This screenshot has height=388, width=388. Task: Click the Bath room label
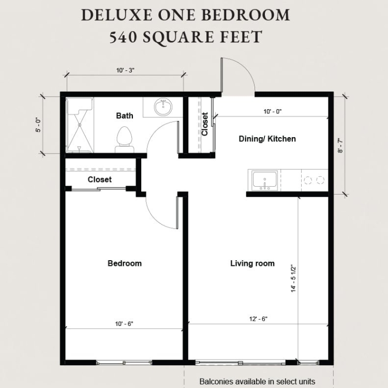point(125,115)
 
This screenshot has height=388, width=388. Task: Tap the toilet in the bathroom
point(124,140)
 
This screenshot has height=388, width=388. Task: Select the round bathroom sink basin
point(163,107)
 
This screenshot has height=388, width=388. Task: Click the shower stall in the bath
point(80,125)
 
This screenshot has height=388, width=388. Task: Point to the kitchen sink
point(264,180)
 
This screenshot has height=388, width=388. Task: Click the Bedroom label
point(125,263)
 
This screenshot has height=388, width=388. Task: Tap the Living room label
point(252,263)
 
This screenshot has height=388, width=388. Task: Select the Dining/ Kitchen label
point(267,139)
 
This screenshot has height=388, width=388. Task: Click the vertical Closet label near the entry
point(205,124)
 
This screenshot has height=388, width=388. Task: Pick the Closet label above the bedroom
point(99,180)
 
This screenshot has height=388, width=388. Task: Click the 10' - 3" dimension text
point(125,70)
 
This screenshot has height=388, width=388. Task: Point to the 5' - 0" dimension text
point(39,125)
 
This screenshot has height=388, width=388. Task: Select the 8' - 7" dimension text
point(340,146)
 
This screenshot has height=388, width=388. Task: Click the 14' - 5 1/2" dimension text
point(293,279)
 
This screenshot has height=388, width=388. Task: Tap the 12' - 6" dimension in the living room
point(258,319)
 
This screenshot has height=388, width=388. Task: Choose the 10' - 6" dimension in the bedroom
point(124,324)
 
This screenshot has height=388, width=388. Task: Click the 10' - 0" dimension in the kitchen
point(273,112)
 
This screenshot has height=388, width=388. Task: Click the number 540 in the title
point(123,37)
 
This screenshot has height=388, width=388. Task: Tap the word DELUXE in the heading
point(116,15)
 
